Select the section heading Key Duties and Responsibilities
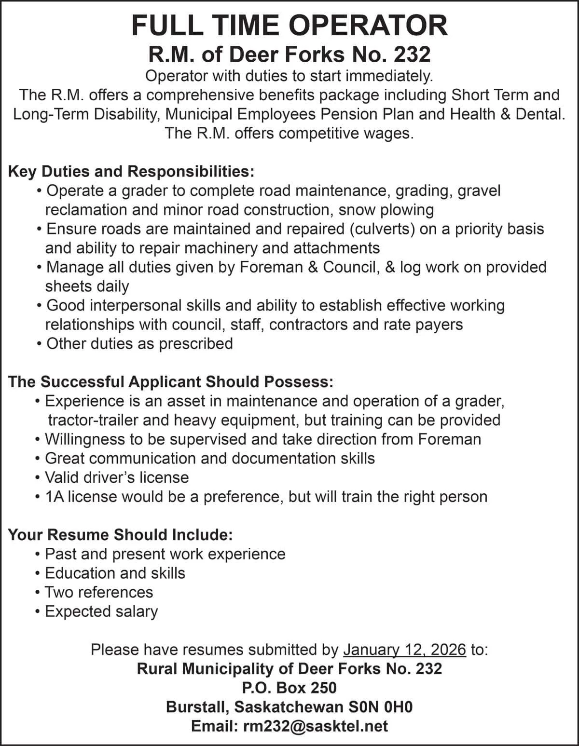(131, 172)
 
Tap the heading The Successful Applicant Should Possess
(170, 382)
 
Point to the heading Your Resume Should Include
(121, 535)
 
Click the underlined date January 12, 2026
(404, 650)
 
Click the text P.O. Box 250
(289, 688)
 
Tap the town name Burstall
(197, 707)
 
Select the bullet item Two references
(98, 592)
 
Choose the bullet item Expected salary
(101, 611)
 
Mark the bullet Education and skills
(115, 573)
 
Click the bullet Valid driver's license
(116, 477)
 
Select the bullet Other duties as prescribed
(139, 344)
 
